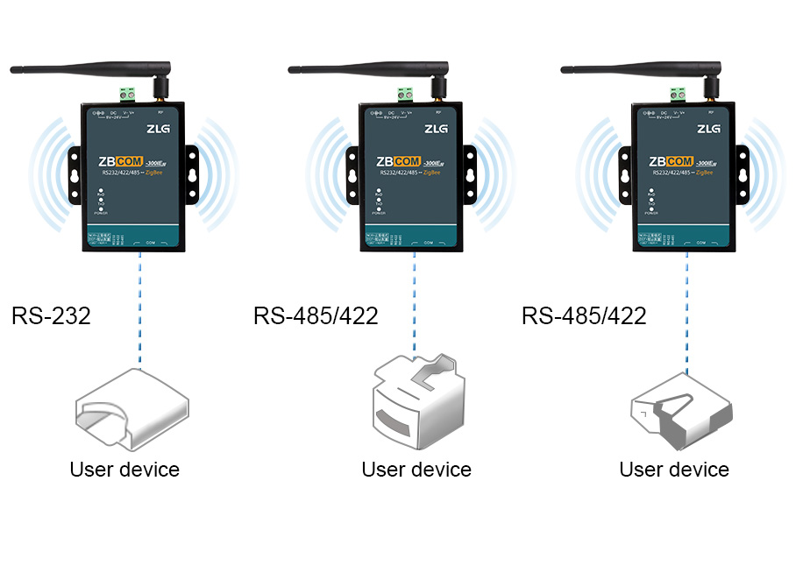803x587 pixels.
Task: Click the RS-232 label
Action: [51, 315]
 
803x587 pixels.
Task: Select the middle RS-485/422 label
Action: [316, 315]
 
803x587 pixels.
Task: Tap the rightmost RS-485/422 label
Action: [584, 315]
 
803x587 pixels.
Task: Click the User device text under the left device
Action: [124, 470]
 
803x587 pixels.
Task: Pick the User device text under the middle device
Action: [416, 470]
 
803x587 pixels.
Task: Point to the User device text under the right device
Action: [674, 470]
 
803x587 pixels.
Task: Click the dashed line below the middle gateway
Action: [413, 302]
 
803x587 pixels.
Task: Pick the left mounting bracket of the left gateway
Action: [75, 174]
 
